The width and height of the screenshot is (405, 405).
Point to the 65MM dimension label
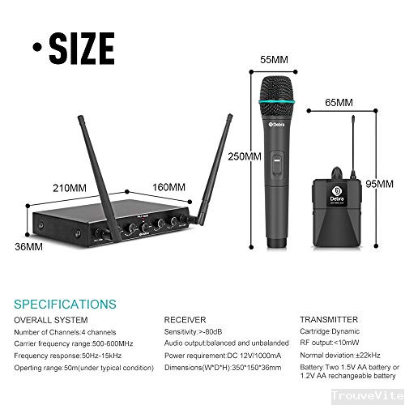[x=339, y=103]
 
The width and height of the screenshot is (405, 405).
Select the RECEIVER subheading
[x=185, y=319]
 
